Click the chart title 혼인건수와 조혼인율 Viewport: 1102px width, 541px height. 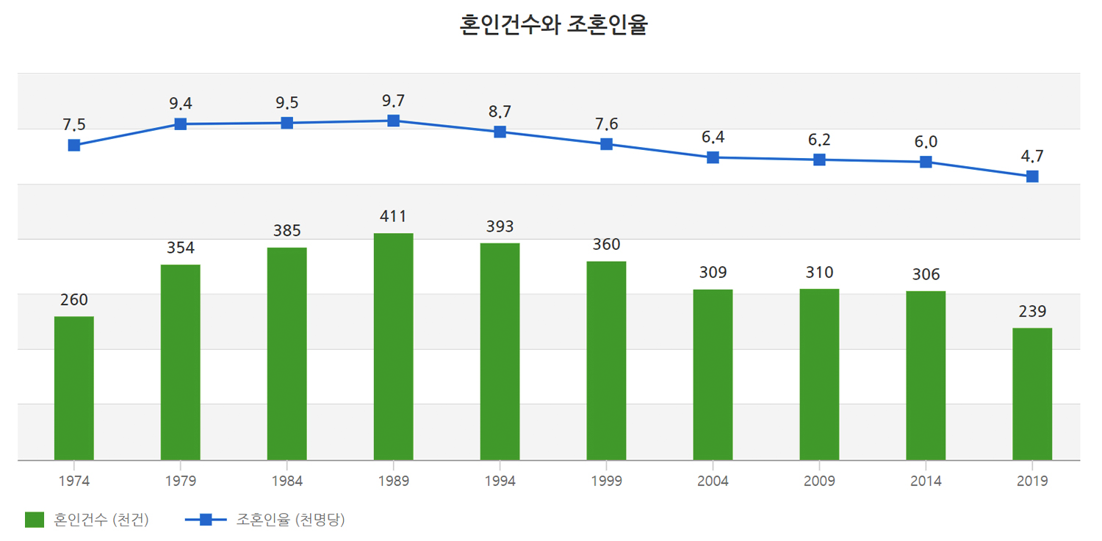pos(553,26)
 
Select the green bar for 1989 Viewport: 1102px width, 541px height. pos(393,345)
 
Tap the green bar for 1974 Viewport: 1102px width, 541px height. pos(74,387)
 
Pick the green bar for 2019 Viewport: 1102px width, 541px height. pos(1032,393)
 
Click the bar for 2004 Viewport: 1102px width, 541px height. pos(713,374)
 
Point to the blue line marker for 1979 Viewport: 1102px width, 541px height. pos(181,124)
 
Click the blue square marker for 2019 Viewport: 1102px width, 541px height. pos(1032,176)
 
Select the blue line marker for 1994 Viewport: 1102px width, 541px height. pos(500,132)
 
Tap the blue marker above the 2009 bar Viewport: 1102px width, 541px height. pos(819,160)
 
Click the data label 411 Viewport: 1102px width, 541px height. pos(393,216)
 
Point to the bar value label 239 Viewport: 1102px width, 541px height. pos(1032,311)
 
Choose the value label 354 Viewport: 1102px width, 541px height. pos(181,248)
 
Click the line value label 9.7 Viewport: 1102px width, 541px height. pos(393,101)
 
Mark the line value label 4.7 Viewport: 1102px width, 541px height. pos(1032,156)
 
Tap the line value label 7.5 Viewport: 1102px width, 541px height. pos(74,125)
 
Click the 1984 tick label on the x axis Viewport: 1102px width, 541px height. pos(287,481)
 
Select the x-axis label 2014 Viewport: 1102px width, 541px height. pos(926,481)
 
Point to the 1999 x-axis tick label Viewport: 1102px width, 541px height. pos(606,481)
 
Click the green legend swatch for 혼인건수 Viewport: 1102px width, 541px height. pos(35,520)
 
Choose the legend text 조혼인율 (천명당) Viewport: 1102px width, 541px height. pos(290,520)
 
